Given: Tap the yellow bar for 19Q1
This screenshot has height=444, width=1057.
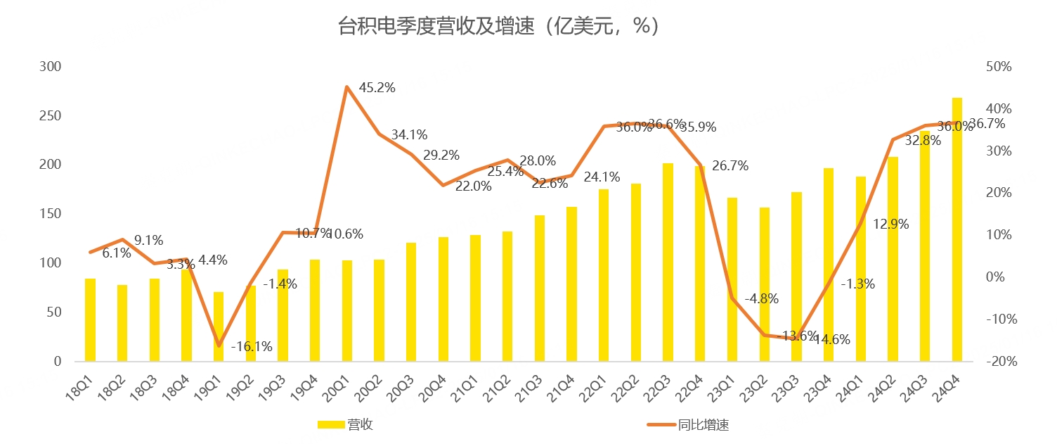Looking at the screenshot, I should (x=219, y=326).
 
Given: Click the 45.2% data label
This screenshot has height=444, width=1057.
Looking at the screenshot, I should (x=377, y=88).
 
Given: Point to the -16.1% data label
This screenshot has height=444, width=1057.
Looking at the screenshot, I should (x=251, y=346).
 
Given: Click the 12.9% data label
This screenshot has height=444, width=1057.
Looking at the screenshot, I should (x=891, y=224).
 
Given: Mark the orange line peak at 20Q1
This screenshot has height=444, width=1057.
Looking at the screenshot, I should (x=346, y=87).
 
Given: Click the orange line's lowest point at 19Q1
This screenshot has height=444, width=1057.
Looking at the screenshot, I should (x=219, y=345).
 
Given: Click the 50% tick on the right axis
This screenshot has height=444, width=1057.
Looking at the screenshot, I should (x=998, y=67).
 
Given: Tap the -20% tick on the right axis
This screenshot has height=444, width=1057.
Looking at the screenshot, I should (x=997, y=362).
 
